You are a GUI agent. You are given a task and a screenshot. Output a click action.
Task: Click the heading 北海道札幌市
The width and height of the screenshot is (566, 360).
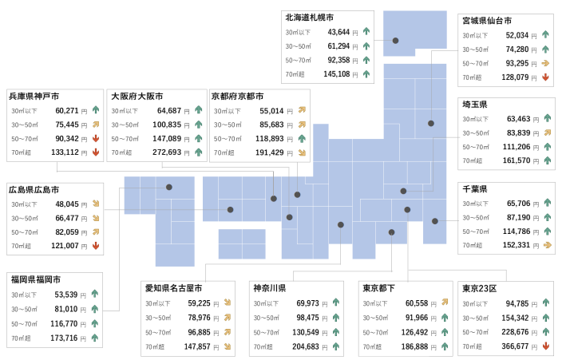pos(310,18)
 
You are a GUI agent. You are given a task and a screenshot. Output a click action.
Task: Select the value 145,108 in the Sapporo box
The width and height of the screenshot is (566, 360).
pos(336,74)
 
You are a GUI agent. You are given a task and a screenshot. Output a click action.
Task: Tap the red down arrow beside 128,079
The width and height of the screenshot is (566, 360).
pos(545,77)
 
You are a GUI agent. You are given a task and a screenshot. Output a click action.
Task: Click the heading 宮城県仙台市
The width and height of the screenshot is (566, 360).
pos(487,21)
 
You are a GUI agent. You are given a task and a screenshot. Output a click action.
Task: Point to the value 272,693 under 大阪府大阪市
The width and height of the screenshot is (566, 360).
pos(167,152)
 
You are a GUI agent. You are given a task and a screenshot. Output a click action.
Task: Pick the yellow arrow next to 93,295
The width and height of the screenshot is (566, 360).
pos(545,63)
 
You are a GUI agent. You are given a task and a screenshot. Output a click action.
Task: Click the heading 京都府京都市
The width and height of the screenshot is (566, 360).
pos(237,97)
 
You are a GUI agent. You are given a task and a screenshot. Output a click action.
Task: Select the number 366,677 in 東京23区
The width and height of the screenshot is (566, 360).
pos(515,346)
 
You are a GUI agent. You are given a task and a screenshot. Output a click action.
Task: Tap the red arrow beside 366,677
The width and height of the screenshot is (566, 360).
pos(546,346)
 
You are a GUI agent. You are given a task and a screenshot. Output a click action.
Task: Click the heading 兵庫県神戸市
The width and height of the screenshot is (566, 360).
pos(34,97)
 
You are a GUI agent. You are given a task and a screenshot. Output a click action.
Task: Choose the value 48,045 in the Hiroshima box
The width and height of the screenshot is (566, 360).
pos(67,204)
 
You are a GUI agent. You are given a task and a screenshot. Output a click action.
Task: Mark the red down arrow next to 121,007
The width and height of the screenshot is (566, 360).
pos(96,246)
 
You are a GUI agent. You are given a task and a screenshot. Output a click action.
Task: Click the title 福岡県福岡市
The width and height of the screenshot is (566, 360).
pos(36,279)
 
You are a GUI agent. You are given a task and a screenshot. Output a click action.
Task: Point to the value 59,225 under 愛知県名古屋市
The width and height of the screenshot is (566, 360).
pos(199,303)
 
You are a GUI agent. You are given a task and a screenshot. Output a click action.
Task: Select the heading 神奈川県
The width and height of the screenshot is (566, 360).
pos(270,288)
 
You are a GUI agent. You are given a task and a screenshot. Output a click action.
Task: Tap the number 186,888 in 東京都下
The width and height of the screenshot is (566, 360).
pos(414,346)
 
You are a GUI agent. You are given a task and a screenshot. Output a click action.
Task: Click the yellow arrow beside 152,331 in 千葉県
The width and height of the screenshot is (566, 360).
pos(548,245)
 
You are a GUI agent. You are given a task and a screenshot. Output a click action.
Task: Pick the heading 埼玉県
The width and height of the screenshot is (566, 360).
pos(475,105)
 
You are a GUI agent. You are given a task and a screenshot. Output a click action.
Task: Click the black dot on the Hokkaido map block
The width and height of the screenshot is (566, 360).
pos(396,41)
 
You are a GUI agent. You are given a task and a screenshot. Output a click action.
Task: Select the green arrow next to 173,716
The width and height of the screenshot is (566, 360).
pos(95,338)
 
